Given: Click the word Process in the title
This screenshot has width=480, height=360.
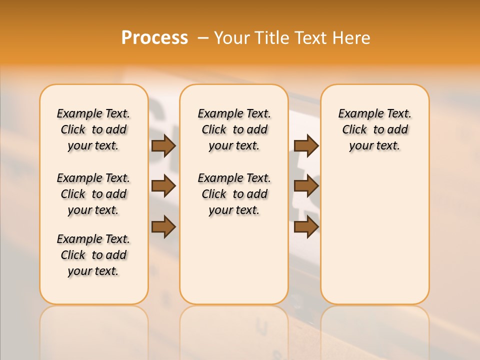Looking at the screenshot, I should [x=154, y=37].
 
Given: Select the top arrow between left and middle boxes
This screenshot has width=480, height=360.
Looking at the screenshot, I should [x=163, y=146].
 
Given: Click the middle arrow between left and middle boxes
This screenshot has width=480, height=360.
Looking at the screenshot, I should [x=163, y=186].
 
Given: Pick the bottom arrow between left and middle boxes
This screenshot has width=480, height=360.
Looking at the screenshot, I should [x=163, y=227].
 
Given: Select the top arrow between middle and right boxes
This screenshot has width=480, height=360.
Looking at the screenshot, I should [x=306, y=146].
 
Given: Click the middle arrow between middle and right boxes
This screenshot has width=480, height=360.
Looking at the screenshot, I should [x=306, y=186].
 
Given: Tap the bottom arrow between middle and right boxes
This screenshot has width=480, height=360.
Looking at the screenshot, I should [x=306, y=227].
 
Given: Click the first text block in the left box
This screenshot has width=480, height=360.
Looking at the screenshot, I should [x=93, y=129].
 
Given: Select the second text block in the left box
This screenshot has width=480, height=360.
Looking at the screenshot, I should [x=93, y=194].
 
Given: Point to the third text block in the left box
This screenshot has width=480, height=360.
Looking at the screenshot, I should [x=93, y=255].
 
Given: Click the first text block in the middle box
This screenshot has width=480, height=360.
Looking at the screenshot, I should [x=234, y=129].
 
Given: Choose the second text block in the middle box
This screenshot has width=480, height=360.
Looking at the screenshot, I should [x=234, y=194].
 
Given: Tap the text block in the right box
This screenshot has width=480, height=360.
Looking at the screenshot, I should [x=374, y=129].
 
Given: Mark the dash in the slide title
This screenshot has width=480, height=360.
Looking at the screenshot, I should [x=203, y=37].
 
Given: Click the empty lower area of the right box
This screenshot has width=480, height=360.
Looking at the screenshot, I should [x=374, y=240].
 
